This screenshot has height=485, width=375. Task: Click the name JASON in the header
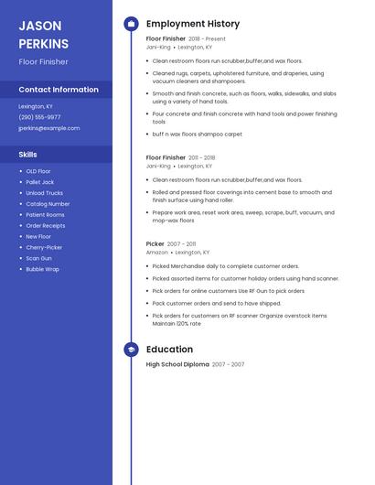tap(40, 26)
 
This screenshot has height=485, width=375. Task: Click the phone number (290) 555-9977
tap(39, 117)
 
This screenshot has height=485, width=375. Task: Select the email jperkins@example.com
tap(48, 128)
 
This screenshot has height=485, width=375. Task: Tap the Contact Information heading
tap(59, 90)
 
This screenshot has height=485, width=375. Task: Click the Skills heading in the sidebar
tap(28, 155)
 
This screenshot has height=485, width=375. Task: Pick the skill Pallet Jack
tap(41, 182)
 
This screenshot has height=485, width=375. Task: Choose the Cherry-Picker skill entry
tap(44, 247)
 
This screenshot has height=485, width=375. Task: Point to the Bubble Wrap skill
tap(42, 269)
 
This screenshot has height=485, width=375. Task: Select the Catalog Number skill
tap(48, 204)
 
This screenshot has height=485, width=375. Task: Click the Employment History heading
tap(193, 24)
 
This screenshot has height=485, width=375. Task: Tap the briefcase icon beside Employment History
tap(131, 24)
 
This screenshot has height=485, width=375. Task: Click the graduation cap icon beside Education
tap(131, 350)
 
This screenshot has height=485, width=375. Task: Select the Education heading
tap(169, 350)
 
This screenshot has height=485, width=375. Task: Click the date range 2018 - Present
tap(207, 39)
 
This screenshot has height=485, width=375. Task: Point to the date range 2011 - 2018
tap(202, 158)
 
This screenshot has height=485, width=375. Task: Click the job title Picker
tap(155, 244)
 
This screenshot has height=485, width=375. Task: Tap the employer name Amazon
tap(157, 253)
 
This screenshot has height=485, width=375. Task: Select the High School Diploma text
tap(177, 364)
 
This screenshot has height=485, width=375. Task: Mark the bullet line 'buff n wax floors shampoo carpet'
tap(197, 135)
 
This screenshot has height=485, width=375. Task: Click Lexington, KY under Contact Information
tap(36, 106)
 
